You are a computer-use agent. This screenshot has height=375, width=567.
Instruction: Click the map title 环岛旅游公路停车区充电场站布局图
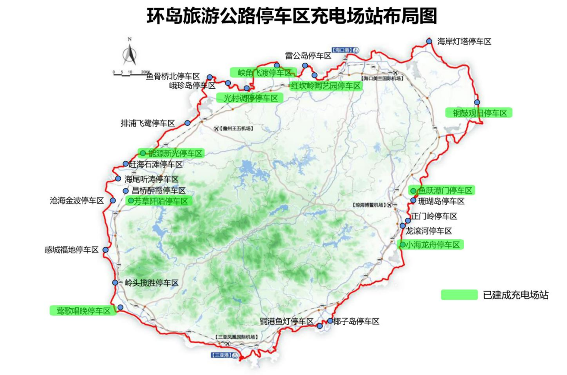[x=292, y=17]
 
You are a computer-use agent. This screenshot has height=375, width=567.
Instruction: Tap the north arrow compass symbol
[x=130, y=54]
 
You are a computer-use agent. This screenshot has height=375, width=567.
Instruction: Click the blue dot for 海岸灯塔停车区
[x=429, y=41]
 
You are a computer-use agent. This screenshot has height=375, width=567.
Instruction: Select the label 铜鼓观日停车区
[x=479, y=113]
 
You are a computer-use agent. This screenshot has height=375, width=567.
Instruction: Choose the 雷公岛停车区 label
[x=308, y=56]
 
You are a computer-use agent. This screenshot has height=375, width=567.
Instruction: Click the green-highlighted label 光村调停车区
[x=250, y=98]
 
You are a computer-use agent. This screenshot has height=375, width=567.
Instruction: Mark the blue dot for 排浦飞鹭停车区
[x=187, y=123]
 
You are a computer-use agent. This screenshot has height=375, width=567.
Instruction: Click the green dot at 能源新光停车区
[x=143, y=153]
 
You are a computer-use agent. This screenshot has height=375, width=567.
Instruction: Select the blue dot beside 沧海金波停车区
[x=113, y=200]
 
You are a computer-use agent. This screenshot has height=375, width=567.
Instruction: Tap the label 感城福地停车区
[x=71, y=250]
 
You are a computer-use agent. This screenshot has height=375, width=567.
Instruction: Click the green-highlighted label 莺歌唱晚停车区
[x=83, y=311]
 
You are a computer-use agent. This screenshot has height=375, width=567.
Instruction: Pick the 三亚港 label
[x=221, y=355]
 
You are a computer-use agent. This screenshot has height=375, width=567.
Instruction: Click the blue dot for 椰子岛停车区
[x=330, y=321]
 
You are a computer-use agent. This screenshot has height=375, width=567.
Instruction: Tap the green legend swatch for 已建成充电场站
[x=459, y=295]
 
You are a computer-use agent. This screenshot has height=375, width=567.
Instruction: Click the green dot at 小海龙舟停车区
[x=402, y=245]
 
